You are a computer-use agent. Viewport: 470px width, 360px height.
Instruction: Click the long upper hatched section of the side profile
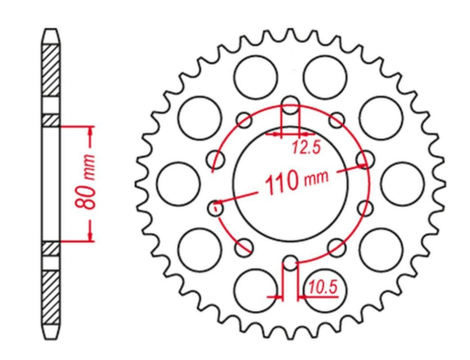[x=53, y=80]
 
